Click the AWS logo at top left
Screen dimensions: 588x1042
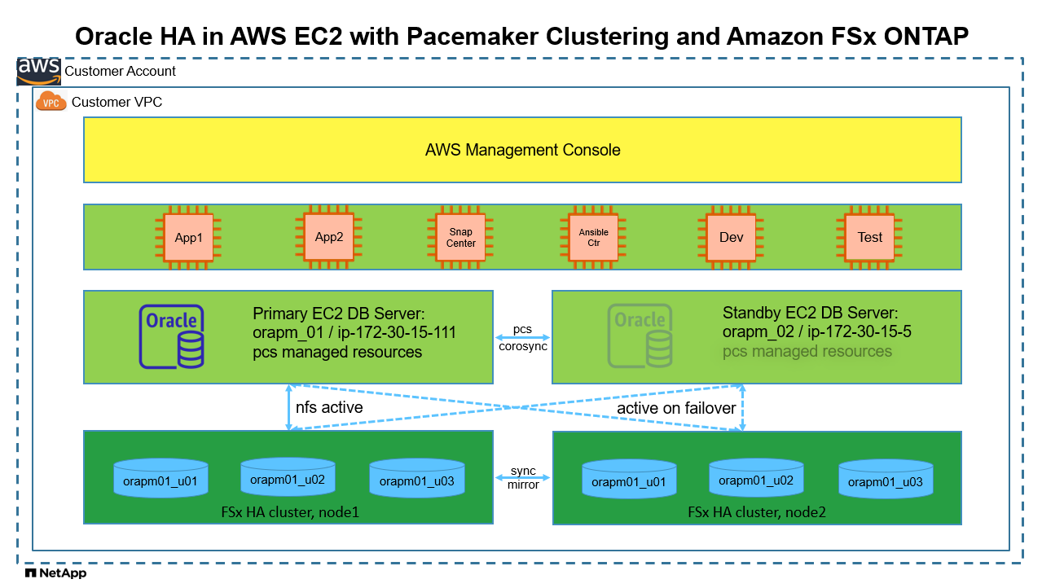[x=38, y=71]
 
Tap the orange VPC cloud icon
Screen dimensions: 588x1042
[x=51, y=102]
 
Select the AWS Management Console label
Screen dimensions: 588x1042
[x=522, y=150]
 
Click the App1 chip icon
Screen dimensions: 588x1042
[x=188, y=238]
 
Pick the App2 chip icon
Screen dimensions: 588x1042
[x=329, y=238]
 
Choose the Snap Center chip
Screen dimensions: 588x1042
[x=461, y=238]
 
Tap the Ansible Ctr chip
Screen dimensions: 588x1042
[x=594, y=238]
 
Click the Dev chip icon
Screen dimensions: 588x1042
[x=731, y=238]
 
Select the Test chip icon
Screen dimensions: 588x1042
[x=869, y=238]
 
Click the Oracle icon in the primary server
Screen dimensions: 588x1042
[x=172, y=336]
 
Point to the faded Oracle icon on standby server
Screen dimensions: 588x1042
[x=640, y=336]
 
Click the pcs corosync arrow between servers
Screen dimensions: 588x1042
[x=522, y=337]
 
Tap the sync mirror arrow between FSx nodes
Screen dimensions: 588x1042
[x=522, y=478]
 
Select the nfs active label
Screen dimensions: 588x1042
[x=329, y=407]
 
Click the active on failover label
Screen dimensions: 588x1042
[x=676, y=408]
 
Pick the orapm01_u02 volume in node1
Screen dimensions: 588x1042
[x=288, y=478]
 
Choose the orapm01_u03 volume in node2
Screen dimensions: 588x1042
[x=886, y=480]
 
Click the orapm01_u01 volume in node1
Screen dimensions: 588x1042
[x=160, y=480]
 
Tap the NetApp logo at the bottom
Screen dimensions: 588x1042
[x=55, y=573]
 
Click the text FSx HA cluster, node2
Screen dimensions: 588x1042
[x=757, y=512]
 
